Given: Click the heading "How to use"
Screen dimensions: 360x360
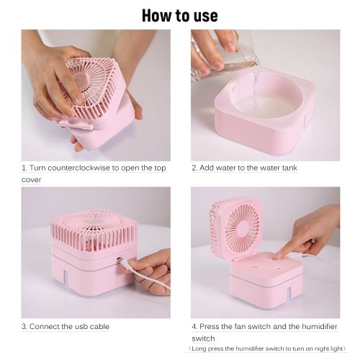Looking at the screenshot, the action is point(180,16).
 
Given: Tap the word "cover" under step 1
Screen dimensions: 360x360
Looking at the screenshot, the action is point(31,179).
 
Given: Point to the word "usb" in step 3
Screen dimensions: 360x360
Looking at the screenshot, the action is point(83,326).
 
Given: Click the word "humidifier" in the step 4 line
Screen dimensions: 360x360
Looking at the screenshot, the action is point(320,326).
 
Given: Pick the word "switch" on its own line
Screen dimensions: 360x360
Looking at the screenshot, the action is point(203,338).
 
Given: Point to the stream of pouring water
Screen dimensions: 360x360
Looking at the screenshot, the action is point(256,86).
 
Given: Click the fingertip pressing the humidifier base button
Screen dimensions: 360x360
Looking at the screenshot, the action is point(276,257).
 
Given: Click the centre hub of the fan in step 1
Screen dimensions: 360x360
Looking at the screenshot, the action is point(81,79).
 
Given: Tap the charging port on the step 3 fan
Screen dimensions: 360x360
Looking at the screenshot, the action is point(118,259).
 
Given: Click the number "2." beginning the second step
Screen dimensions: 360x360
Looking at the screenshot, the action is point(194,168).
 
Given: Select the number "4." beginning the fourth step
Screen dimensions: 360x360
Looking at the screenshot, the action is point(195,326).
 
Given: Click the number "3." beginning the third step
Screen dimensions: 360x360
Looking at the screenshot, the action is point(24,326).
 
